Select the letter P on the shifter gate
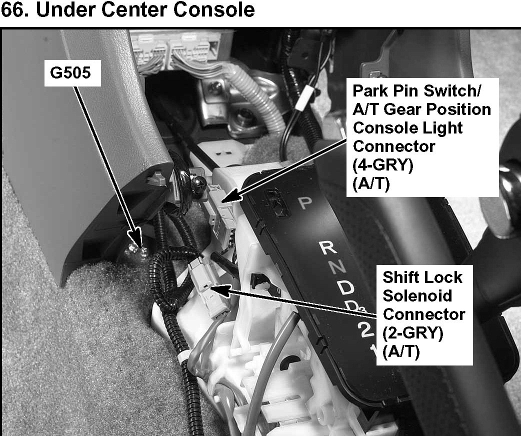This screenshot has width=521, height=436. [x=304, y=202]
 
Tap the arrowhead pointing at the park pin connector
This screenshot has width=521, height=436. [x=228, y=199]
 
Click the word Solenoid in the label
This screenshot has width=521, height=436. [x=417, y=295]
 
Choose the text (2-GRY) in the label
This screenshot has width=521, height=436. [x=412, y=333]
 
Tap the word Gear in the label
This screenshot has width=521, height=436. [x=407, y=109]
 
